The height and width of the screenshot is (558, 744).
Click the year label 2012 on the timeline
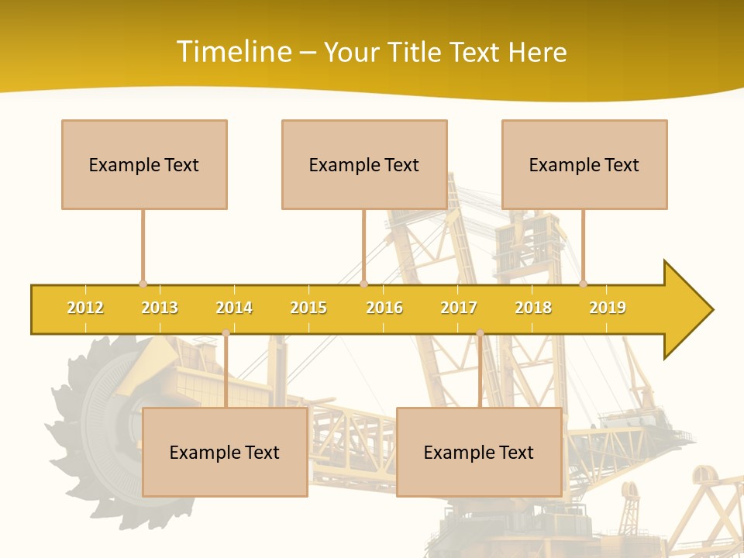point(85,308)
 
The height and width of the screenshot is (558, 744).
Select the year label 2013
point(160,308)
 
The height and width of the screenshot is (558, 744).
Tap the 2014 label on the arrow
point(234,308)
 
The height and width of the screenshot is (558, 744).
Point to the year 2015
point(308,308)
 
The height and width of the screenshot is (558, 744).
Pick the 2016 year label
point(384,308)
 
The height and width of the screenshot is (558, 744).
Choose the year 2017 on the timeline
point(459,308)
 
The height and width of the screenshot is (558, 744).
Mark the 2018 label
point(533,308)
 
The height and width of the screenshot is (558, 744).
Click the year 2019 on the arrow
point(608,308)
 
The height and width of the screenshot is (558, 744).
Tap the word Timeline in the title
point(232,52)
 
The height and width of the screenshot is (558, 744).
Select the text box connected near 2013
point(144,164)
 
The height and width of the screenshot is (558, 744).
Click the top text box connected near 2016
point(364,164)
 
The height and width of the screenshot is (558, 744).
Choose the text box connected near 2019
point(584,164)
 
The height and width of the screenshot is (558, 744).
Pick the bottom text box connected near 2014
point(225,452)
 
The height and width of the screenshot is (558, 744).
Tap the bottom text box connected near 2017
point(479,452)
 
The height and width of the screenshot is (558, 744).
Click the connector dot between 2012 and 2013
point(143,284)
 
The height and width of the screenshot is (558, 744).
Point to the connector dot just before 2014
point(226,333)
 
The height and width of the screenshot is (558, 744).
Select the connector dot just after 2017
point(480,333)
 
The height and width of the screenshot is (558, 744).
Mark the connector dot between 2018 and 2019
point(583,284)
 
